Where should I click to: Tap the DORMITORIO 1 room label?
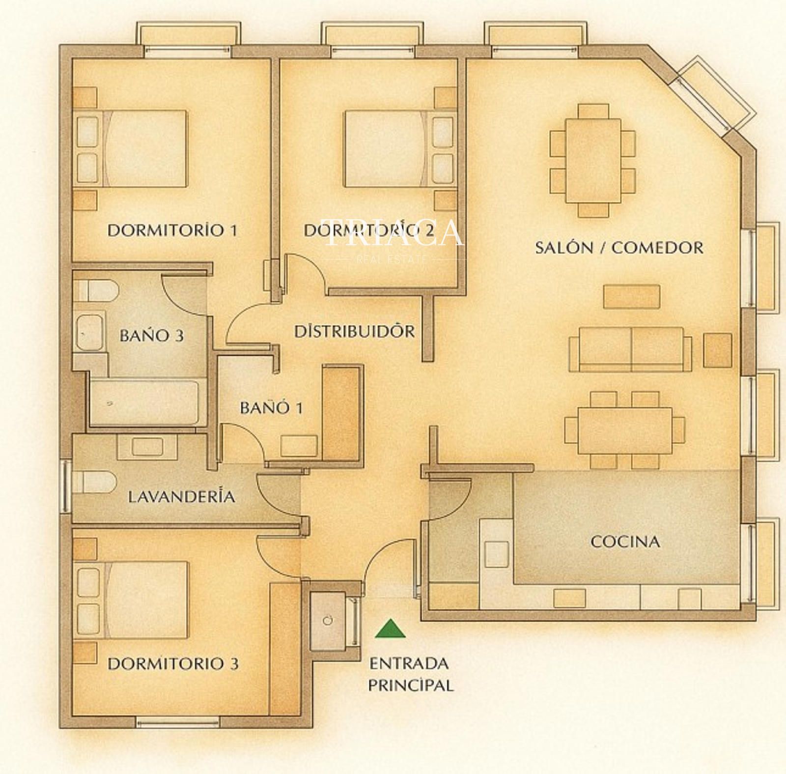(172, 230)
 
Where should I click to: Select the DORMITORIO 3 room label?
(173, 664)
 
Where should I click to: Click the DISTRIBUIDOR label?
(354, 331)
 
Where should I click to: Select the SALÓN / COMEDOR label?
(619, 247)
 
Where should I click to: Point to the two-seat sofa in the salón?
(630, 349)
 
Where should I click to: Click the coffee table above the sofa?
(631, 297)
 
